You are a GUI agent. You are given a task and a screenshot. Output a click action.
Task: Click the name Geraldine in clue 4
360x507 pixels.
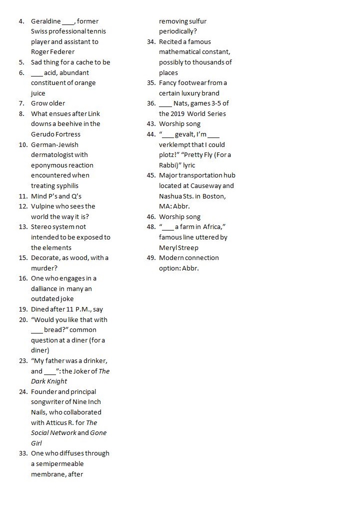[x=45, y=21]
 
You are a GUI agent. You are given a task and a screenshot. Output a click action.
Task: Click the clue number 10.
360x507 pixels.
[x=22, y=144]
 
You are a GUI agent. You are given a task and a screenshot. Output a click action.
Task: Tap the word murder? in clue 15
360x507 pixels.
[x=45, y=268]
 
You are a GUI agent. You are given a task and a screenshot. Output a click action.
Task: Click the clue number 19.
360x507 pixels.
[x=22, y=309]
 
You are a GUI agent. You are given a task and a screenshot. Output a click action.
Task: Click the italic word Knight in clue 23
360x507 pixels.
[x=57, y=381]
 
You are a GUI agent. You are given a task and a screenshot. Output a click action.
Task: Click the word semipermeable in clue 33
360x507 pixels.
[x=57, y=463]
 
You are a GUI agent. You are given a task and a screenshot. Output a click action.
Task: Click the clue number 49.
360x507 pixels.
[x=151, y=257]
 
